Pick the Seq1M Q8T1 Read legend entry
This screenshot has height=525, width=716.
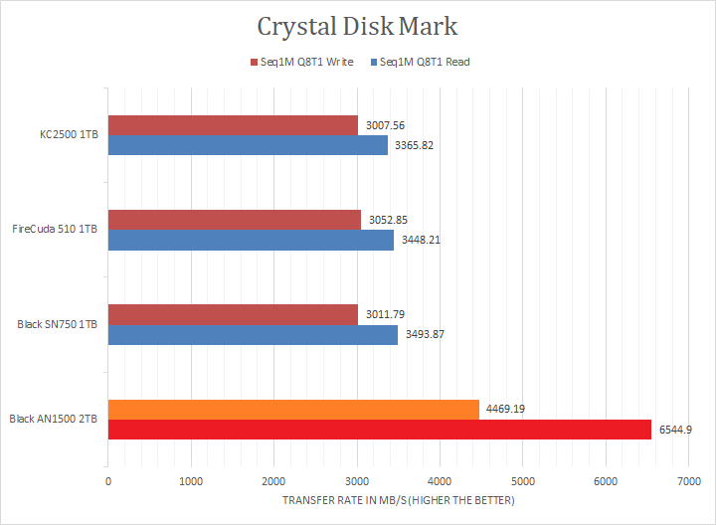click(420, 62)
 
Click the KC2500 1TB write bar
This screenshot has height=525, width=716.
click(233, 125)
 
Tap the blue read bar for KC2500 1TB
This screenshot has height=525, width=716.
click(248, 145)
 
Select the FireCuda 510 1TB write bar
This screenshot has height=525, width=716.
click(235, 220)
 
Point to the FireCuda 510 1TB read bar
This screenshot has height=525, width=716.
click(251, 240)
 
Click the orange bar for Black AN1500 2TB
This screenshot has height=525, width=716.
click(293, 409)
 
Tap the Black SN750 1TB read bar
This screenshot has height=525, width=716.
click(253, 334)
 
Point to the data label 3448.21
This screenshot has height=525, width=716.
click(422, 240)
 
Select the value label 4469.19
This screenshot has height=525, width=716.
click(506, 409)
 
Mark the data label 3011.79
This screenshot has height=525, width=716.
click(387, 314)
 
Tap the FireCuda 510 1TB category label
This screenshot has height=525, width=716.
click(55, 230)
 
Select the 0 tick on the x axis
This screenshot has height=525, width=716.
click(108, 481)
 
